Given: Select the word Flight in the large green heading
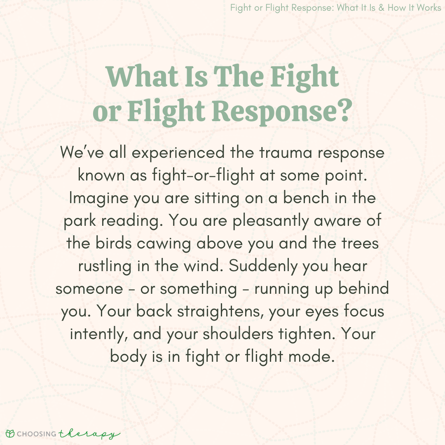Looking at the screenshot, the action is click(x=166, y=111).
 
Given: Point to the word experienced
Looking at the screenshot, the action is click(x=178, y=153).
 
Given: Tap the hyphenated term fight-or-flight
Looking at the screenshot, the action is click(x=203, y=175).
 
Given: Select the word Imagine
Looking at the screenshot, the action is click(x=98, y=198).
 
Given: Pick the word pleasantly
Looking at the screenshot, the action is click(x=270, y=221).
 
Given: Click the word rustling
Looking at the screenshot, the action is click(x=105, y=267).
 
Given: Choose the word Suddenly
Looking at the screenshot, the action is click(x=263, y=267).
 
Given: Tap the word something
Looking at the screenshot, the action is click(x=198, y=289).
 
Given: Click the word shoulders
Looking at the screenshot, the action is click(x=238, y=334).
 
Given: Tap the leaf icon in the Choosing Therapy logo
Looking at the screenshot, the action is click(x=10, y=434).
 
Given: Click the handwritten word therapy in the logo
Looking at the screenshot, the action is click(x=89, y=433).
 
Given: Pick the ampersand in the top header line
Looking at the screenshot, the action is click(x=382, y=8).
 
